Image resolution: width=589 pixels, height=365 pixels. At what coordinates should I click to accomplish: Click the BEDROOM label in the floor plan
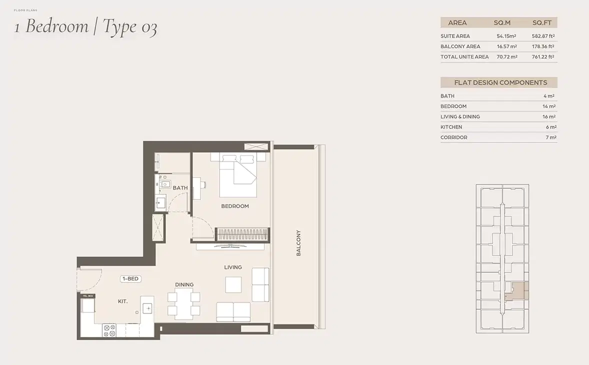click(x=234, y=206)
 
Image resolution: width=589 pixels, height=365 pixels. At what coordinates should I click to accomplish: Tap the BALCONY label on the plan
click(x=298, y=243)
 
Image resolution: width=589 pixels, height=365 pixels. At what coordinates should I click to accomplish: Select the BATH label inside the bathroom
click(x=180, y=188)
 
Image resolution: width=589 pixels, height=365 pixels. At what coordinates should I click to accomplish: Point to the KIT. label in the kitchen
click(x=122, y=301)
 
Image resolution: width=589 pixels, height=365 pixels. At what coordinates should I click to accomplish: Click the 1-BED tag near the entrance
click(x=130, y=278)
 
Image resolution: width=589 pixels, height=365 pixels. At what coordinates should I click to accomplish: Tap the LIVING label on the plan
click(x=233, y=267)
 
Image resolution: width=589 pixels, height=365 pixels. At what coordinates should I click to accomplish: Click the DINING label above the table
click(x=184, y=285)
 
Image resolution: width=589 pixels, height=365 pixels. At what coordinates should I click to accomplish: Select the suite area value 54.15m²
click(x=506, y=36)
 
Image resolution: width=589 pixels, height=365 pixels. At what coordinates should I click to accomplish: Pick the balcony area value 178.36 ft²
click(x=543, y=46)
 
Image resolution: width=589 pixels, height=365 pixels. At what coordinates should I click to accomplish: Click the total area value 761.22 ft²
click(x=543, y=57)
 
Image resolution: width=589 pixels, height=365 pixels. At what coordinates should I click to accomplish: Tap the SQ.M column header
click(x=501, y=22)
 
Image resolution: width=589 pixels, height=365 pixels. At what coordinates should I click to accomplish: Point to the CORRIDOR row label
click(x=454, y=137)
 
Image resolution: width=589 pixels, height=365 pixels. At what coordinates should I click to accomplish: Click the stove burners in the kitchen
click(x=109, y=330)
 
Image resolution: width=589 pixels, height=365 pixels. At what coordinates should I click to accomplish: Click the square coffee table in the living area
click(x=233, y=284)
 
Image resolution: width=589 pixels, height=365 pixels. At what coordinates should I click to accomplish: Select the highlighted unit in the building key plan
click(x=520, y=289)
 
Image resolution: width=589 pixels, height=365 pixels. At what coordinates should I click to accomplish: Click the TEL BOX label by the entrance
click(x=88, y=296)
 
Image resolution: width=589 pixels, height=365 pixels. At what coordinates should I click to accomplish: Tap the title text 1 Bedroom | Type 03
click(x=85, y=26)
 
